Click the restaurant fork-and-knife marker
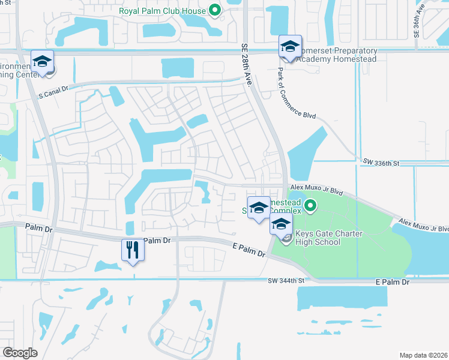click(x=133, y=250)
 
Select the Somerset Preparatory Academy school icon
click(x=289, y=47)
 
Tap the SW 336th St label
click(x=381, y=162)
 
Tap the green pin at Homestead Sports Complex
click(x=310, y=207)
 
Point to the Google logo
click(x=20, y=352)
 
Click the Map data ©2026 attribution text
click(x=423, y=355)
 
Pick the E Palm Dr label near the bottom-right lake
click(x=392, y=282)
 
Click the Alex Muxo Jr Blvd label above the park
click(x=316, y=188)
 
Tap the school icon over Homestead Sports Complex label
click(x=259, y=208)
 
